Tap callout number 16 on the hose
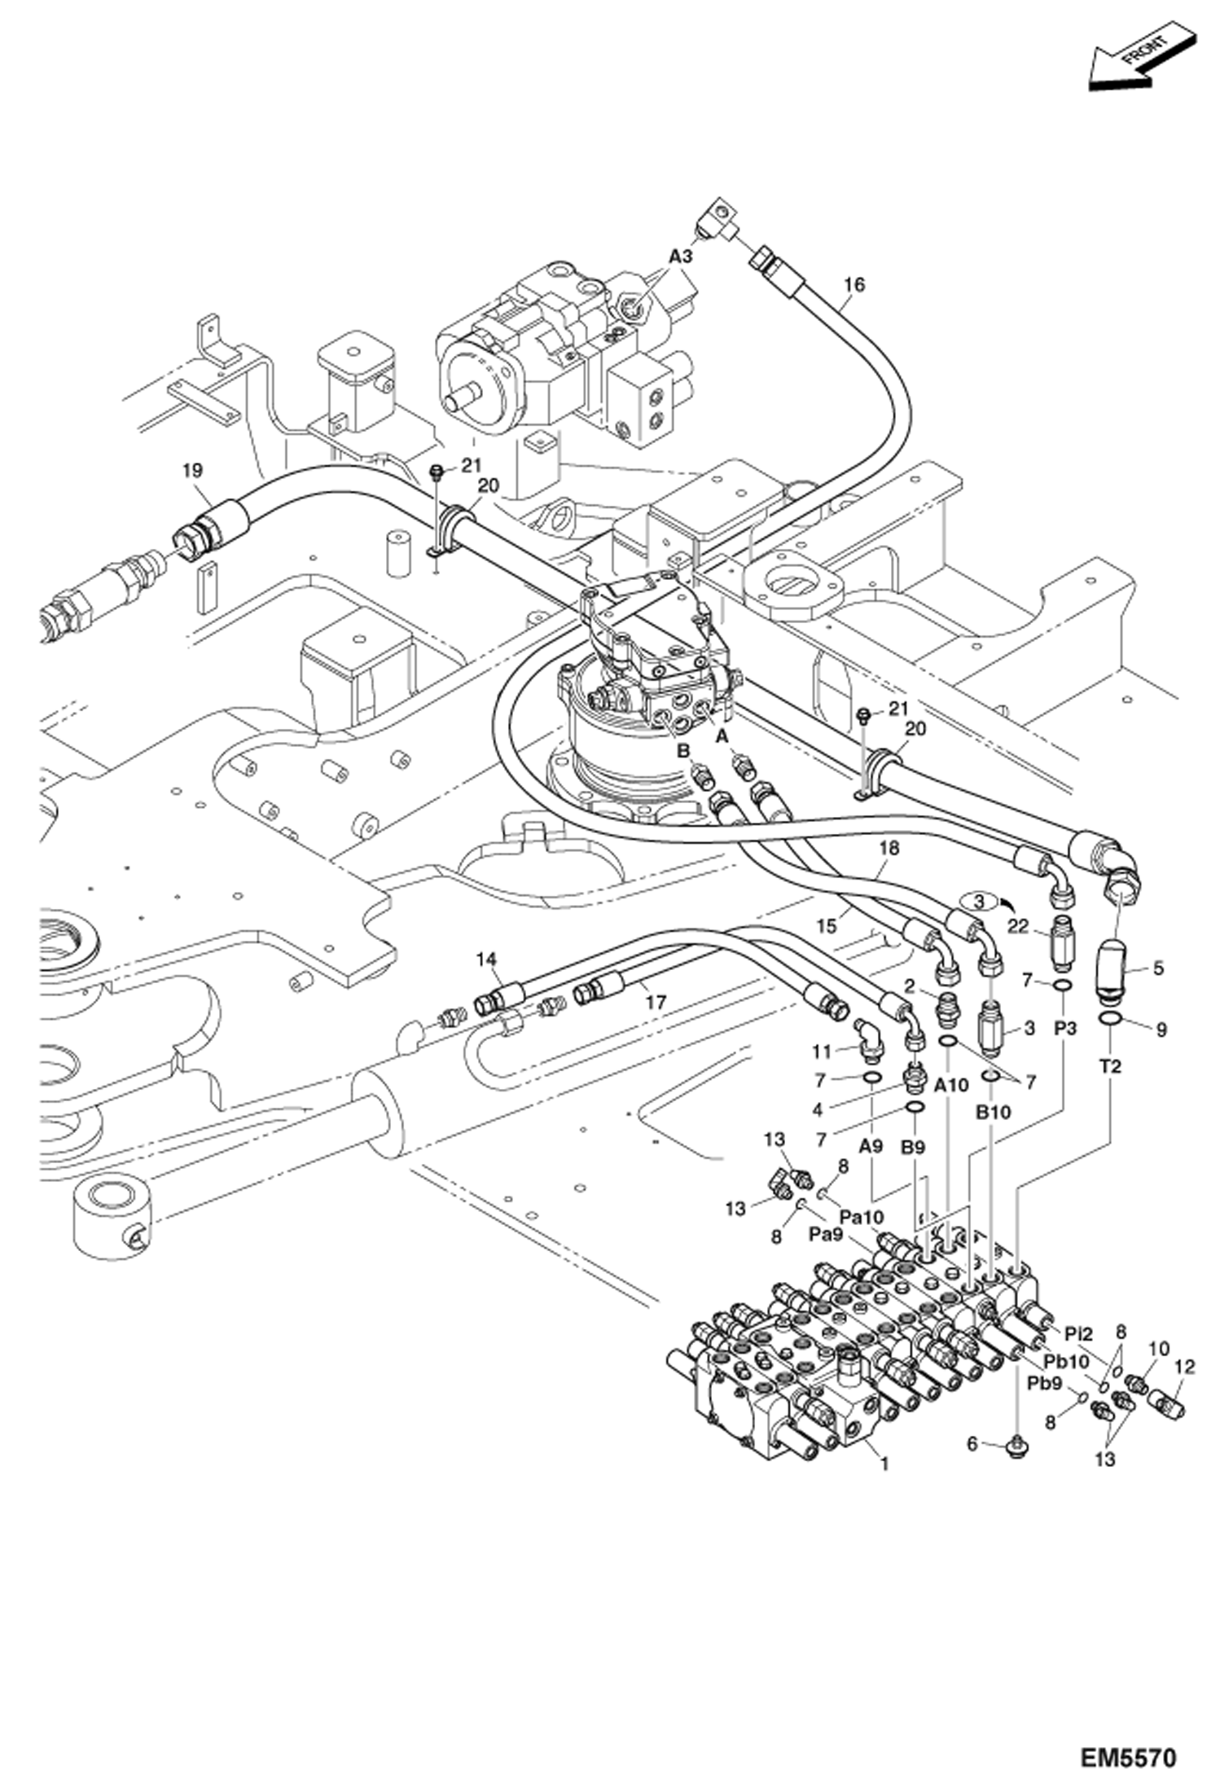854,284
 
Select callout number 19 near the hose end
193,471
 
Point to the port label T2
1110,1065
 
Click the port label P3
1065,1029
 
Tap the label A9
871,1146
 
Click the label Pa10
862,1217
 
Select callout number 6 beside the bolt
972,1444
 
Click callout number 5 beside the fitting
1158,968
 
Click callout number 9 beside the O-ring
1161,1030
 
